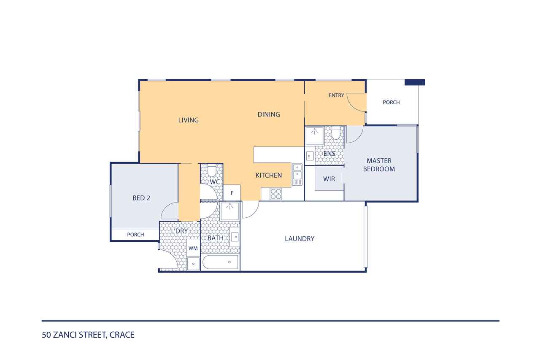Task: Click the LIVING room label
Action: coord(189,120)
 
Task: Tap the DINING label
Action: coord(269,114)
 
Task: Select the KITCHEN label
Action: coord(269,175)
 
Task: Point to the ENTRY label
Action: coord(336,95)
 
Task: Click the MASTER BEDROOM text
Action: coord(379,165)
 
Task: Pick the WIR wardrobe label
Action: coord(329,179)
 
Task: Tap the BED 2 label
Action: coord(141,198)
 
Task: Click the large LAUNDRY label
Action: coord(300,239)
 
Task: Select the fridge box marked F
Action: coord(232,192)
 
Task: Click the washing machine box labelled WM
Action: coord(193,248)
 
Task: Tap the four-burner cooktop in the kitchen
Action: coord(276,194)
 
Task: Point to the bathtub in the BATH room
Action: coord(221,262)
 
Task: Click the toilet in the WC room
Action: coord(212,170)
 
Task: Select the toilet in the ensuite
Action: coord(335,133)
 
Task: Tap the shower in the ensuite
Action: coord(314,136)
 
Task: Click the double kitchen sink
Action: coord(297,175)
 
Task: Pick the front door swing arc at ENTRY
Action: coord(354,106)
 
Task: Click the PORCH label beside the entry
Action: coord(391,102)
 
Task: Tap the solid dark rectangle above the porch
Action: coord(415,82)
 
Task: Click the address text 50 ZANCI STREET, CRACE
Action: coord(88,335)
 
